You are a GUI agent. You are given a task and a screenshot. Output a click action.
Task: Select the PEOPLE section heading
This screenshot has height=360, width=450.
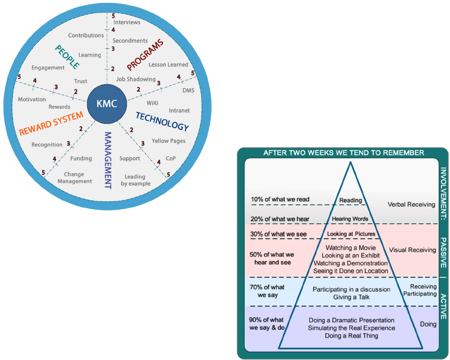point(68,57)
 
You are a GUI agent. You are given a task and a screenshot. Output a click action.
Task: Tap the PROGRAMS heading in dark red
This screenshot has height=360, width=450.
point(145,55)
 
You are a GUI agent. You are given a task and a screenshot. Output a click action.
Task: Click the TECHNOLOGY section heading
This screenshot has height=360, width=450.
point(162,121)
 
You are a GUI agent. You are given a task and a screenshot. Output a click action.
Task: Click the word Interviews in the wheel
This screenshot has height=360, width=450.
point(127,23)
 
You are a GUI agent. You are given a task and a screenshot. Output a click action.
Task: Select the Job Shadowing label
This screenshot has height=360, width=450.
point(136,79)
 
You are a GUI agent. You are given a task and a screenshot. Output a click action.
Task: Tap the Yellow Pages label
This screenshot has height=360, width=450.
point(168,141)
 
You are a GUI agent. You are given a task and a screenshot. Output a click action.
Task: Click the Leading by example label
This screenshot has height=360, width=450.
point(135,180)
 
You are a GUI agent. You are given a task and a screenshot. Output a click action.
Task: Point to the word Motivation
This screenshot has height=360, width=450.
point(32,99)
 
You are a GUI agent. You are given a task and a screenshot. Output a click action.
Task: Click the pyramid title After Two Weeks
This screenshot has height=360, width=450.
point(343,153)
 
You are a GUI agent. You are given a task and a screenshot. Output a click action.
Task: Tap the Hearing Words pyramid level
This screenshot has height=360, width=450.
point(350,219)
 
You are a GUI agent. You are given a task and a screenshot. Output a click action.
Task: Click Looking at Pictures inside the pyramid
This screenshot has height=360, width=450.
point(350,234)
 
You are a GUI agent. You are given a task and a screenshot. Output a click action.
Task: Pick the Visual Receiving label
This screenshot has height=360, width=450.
point(412,250)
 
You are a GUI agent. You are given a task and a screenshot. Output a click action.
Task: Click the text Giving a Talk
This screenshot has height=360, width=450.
point(351,297)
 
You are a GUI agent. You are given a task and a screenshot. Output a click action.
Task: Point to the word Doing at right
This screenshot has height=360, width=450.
point(428,324)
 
